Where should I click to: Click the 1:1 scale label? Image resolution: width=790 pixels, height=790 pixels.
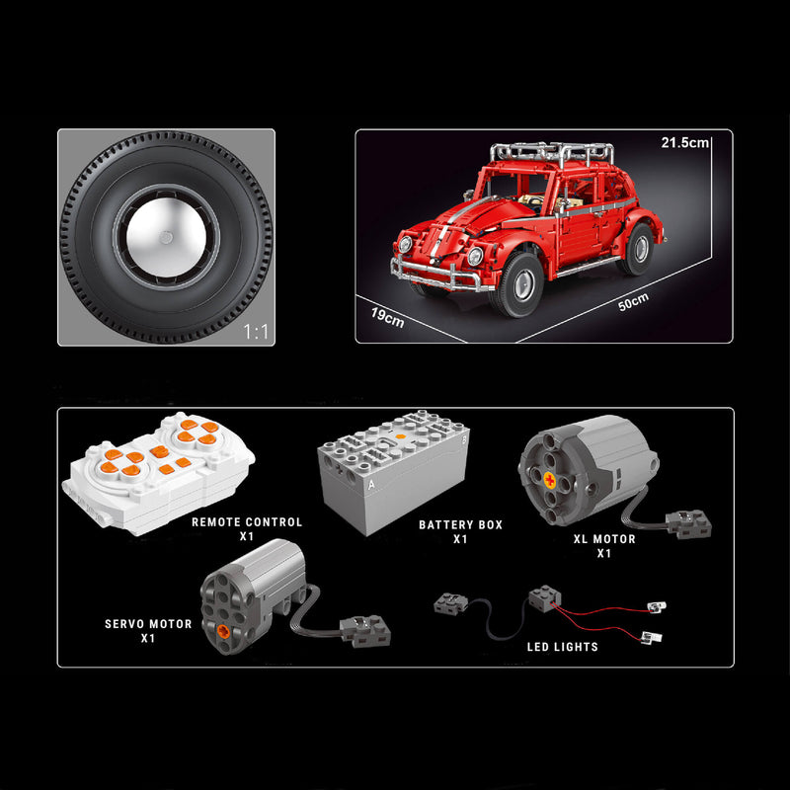point(256,333)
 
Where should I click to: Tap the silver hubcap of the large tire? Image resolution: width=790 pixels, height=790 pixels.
point(166,237)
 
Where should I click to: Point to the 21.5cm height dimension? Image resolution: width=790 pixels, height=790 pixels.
point(685,143)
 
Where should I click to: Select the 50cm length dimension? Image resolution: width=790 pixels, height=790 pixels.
point(633,301)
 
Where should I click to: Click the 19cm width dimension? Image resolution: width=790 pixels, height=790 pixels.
point(387,318)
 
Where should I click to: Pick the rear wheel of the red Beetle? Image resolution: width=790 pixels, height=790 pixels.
point(637,249)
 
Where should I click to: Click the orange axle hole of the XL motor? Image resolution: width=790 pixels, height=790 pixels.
point(548,479)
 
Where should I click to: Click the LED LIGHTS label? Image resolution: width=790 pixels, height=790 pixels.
point(561,647)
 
